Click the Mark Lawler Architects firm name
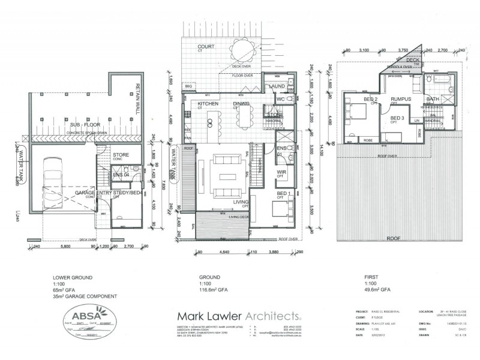238,316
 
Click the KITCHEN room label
208,104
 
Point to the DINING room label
242,104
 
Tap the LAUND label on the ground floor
277,86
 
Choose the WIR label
281,172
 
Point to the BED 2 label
370,99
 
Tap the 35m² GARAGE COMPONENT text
83,297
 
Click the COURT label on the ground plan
207,46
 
